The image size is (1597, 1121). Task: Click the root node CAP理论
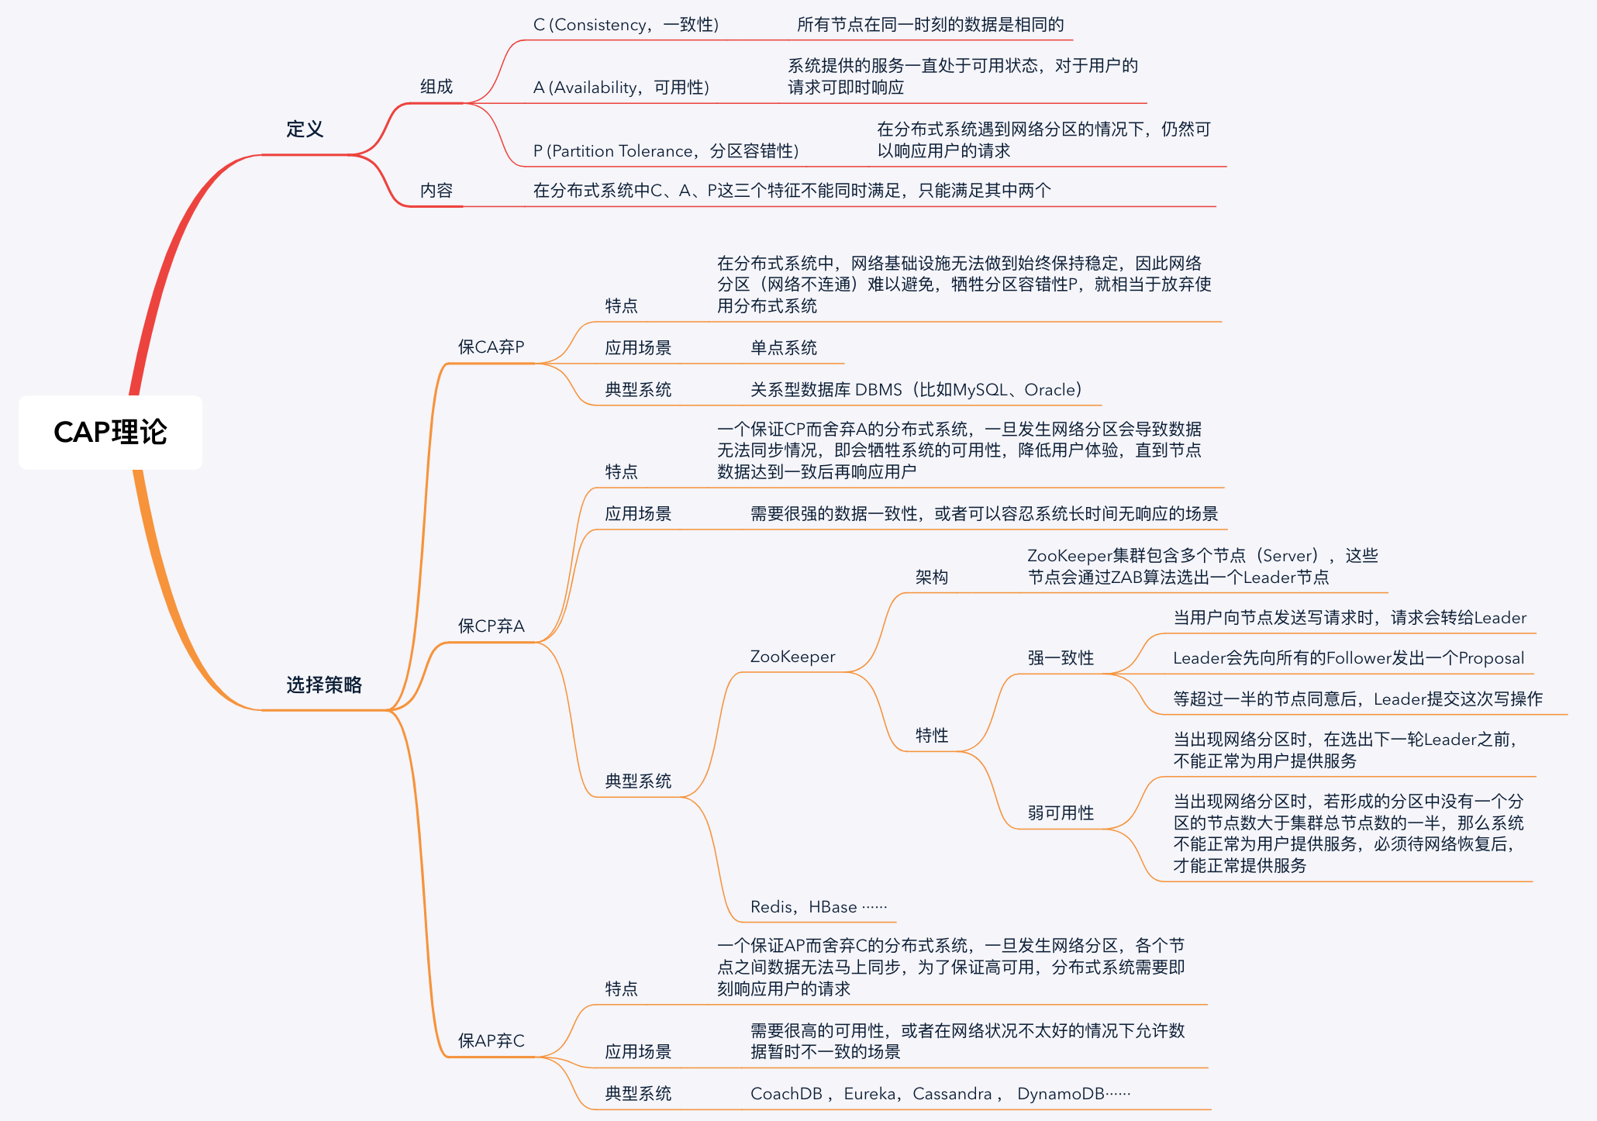click(x=110, y=433)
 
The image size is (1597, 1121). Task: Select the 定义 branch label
click(x=305, y=129)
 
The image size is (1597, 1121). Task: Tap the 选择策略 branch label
click(x=324, y=685)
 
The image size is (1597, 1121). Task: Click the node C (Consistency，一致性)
click(x=626, y=25)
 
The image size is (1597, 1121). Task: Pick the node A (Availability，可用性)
click(x=621, y=88)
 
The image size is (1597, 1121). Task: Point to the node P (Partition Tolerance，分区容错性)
click(x=666, y=151)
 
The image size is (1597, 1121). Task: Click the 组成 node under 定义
click(x=436, y=87)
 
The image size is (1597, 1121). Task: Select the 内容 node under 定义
click(x=436, y=191)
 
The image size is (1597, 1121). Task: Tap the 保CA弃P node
click(x=491, y=347)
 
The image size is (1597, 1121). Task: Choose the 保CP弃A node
click(x=491, y=626)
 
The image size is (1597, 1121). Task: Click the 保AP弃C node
click(x=491, y=1041)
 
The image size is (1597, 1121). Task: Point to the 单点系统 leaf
click(x=784, y=348)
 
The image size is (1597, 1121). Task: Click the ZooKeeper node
click(x=792, y=657)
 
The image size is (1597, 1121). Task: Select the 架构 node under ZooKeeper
click(x=932, y=578)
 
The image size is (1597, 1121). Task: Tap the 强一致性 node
click(x=1061, y=658)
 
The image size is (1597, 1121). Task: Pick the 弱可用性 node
click(x=1061, y=813)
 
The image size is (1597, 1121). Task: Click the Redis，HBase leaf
click(x=819, y=907)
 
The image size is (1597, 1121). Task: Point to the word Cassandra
click(x=952, y=1094)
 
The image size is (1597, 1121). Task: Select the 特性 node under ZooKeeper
click(x=932, y=736)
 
